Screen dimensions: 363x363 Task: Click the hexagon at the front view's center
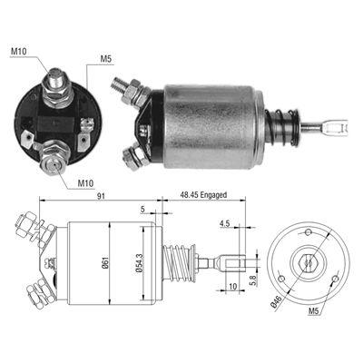[309, 263]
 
